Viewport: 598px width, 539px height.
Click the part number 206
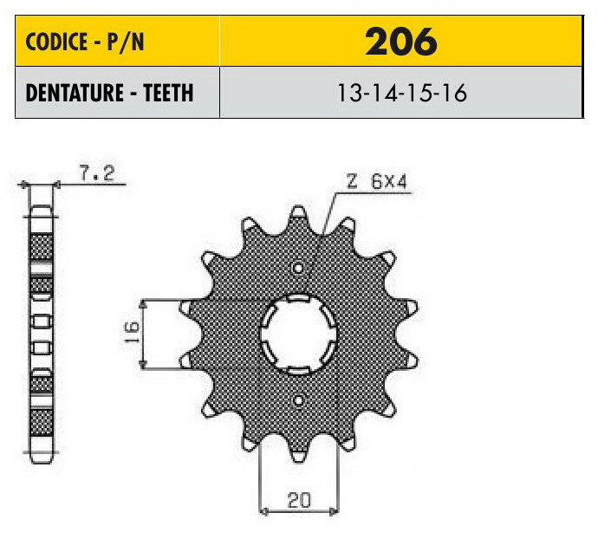(x=400, y=42)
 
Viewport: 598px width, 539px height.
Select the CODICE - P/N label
(x=85, y=42)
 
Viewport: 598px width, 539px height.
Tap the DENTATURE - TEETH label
(x=109, y=93)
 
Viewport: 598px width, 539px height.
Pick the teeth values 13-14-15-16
(x=402, y=93)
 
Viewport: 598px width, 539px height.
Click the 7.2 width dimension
(x=96, y=173)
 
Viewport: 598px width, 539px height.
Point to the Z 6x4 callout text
(x=376, y=181)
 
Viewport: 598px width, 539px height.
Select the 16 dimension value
(x=132, y=332)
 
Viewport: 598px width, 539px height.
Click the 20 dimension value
(x=299, y=501)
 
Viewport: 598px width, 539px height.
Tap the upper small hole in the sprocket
(x=298, y=268)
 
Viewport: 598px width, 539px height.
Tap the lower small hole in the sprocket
(x=298, y=400)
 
